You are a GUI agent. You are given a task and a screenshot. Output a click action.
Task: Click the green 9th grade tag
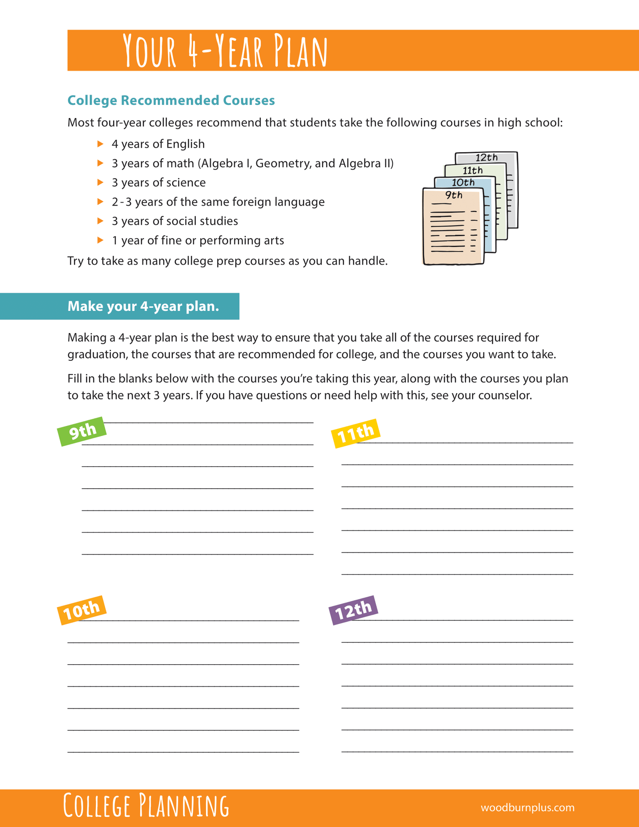point(82,431)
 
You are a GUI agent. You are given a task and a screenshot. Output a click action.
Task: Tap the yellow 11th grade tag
point(356,433)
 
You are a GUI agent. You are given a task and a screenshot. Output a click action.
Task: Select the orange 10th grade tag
point(82,610)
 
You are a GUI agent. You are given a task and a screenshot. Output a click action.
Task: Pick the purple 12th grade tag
point(354,610)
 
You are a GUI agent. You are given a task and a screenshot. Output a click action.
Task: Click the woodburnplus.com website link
point(527,808)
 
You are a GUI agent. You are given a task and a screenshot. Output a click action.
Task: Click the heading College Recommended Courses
point(171,100)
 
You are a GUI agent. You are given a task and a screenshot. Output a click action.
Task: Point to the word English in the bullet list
point(186,144)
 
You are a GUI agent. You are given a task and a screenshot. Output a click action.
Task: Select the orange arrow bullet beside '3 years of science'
point(100,182)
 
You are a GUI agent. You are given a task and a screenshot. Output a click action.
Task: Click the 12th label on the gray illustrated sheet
point(486,157)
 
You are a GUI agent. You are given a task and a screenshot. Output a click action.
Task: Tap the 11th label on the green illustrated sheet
point(472,170)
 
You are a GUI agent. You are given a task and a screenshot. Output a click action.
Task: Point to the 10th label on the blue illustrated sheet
point(463,182)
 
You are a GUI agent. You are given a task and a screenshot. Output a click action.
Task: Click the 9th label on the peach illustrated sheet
point(453,195)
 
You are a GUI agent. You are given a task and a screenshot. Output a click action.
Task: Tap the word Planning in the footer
point(184,806)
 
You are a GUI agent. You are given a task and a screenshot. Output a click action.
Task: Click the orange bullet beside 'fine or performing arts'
point(100,240)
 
